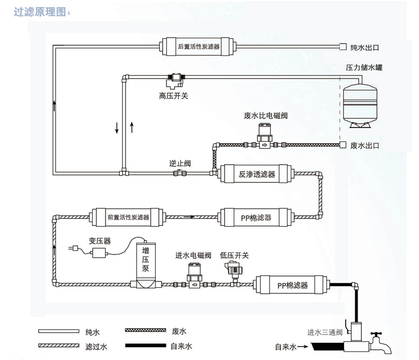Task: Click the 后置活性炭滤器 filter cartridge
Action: [199, 46]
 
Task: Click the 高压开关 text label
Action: [173, 96]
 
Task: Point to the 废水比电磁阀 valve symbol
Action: [264, 138]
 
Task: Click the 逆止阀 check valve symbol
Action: [179, 173]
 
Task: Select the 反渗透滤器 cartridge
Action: [256, 174]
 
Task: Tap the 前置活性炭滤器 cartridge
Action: [128, 217]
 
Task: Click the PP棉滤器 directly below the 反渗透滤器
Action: [256, 217]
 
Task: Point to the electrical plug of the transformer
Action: [74, 248]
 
